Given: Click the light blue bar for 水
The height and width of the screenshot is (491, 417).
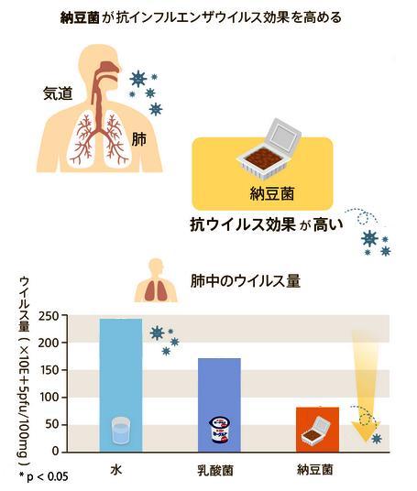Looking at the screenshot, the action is tap(121, 385).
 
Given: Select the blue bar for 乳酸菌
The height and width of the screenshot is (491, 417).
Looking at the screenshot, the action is tap(219, 405).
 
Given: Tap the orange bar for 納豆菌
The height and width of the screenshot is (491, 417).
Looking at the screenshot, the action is tap(317, 430).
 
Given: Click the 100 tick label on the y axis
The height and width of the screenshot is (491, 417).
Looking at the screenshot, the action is tap(49, 398).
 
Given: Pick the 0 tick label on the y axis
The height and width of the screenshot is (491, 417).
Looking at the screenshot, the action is tap(56, 452).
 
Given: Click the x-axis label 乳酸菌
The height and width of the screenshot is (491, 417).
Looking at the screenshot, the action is tap(215, 470).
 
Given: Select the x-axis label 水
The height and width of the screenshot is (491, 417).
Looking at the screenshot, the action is tap(115, 470).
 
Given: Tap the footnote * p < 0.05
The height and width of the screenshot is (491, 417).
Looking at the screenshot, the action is tap(44, 476).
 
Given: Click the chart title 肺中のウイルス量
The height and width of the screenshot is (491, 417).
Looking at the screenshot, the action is tap(246, 281).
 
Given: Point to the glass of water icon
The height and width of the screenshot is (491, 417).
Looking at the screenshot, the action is tap(121, 430).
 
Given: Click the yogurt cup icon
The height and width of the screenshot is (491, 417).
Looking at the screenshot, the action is tap(220, 430).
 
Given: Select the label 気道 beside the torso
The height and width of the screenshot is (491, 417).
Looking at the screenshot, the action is tap(58, 93).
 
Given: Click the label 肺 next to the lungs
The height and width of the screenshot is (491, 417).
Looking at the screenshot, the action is tap(138, 139).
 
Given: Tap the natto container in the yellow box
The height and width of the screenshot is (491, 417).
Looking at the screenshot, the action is tap(269, 149).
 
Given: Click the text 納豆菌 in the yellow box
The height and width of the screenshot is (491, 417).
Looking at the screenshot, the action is tap(272, 193).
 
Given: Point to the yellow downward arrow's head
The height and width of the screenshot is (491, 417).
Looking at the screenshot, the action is tap(366, 432).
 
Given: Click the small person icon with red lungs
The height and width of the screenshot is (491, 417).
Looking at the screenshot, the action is tap(156, 280).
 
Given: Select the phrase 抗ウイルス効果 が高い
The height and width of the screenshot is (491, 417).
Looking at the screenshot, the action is tap(267, 224).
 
